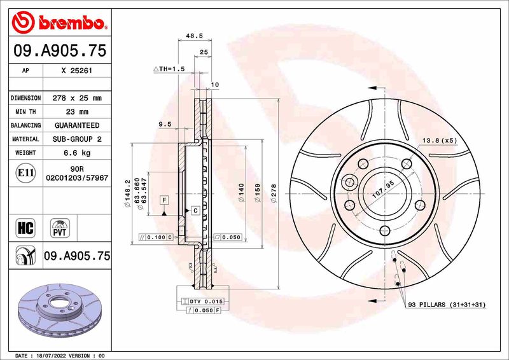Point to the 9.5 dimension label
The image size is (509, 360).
click(x=165, y=125)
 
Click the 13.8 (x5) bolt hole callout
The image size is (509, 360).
click(x=438, y=140)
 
